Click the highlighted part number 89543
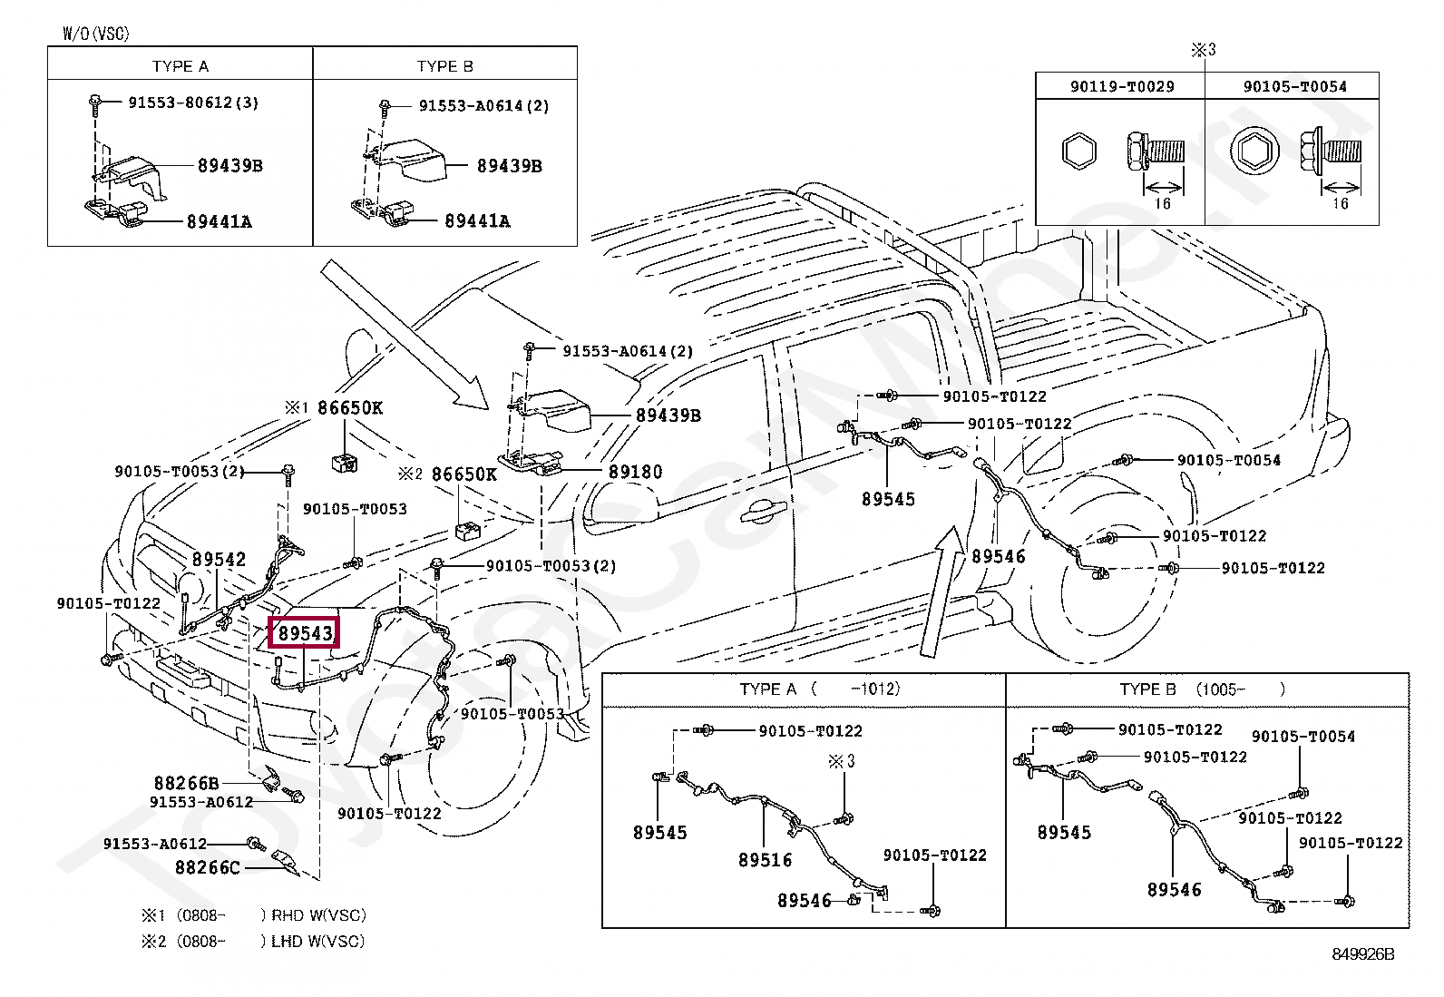click(x=306, y=633)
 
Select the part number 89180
click(x=635, y=472)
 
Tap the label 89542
click(x=219, y=560)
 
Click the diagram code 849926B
click(x=1362, y=953)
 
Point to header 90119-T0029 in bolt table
click(x=1121, y=86)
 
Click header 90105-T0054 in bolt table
click(x=1294, y=86)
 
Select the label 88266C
click(x=208, y=867)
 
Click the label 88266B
click(x=186, y=783)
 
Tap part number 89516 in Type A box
click(x=765, y=859)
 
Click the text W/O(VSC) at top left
click(x=95, y=34)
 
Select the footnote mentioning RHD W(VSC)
click(x=253, y=915)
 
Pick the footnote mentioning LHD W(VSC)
click(x=252, y=942)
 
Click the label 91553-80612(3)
click(x=193, y=103)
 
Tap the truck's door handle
click(x=760, y=513)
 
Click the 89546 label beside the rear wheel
click(x=998, y=556)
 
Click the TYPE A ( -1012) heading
click(x=820, y=689)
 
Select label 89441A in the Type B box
click(x=477, y=220)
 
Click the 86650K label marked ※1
click(x=350, y=408)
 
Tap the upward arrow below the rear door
click(x=940, y=590)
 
